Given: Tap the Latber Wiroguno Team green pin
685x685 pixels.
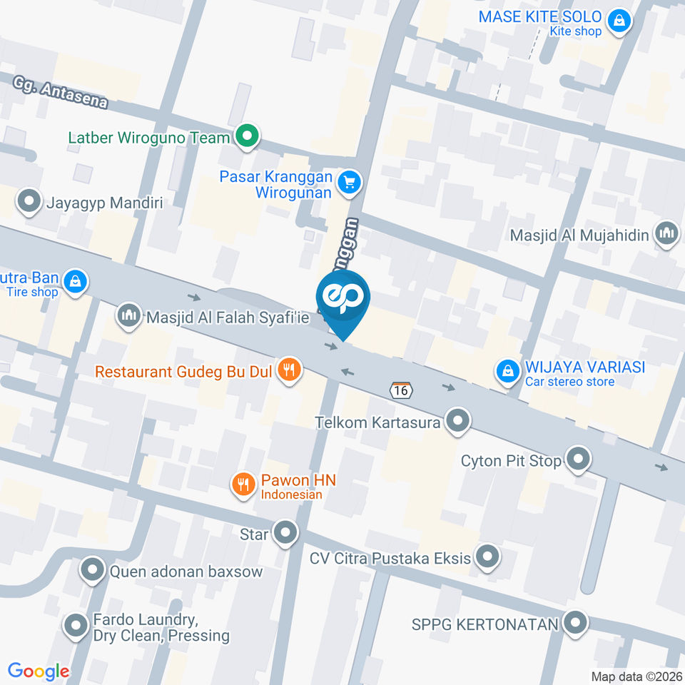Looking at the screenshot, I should [248, 136].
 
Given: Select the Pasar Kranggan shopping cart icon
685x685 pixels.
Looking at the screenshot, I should [349, 183].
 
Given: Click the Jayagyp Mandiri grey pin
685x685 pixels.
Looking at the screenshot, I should [29, 202].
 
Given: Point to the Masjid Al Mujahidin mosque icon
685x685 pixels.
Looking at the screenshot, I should [667, 233].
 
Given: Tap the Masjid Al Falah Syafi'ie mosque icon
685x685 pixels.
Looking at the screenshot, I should [129, 316].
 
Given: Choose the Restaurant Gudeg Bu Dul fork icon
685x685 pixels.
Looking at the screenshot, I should [289, 370].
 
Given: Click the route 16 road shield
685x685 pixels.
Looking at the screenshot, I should [400, 390].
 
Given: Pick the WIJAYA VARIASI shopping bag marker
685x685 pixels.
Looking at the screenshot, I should [507, 371].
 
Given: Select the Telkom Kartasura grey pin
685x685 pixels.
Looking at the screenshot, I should [457, 422].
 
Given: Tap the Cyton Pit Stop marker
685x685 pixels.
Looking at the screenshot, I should [577, 459].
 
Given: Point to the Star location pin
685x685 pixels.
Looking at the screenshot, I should [286, 532].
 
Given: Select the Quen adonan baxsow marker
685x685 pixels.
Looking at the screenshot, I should [93, 570].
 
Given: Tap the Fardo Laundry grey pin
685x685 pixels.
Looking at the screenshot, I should [76, 626].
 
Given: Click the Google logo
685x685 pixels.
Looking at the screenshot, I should [39, 671].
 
